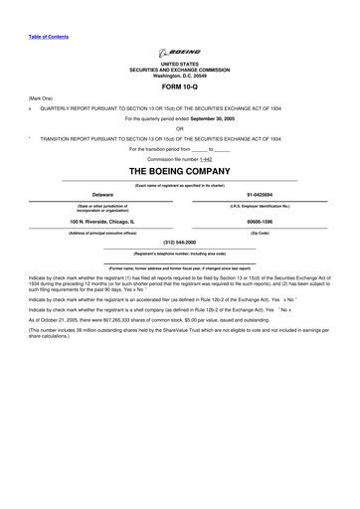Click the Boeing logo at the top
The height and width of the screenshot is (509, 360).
pyautogui.click(x=179, y=53)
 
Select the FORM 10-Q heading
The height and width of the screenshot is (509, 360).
pyautogui.click(x=179, y=85)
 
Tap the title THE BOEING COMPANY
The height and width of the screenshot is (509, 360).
pyautogui.click(x=179, y=171)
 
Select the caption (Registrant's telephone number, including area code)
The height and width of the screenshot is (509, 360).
pyautogui.click(x=179, y=254)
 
